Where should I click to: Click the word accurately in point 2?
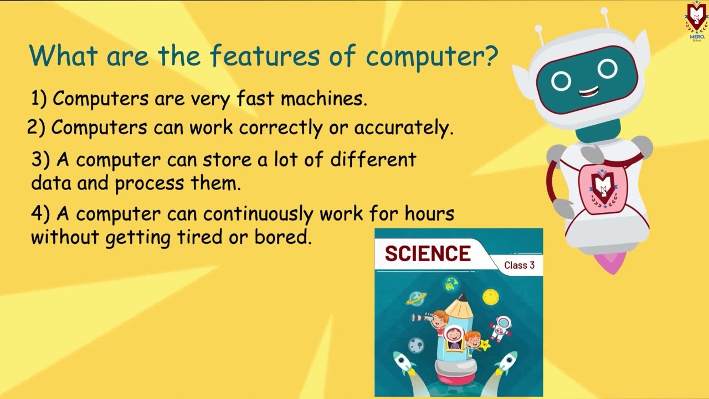[403, 128]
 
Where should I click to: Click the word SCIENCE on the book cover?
[428, 254]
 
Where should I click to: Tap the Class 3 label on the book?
[519, 265]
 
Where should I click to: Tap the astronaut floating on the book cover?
[501, 328]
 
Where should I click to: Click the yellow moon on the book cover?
[490, 297]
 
